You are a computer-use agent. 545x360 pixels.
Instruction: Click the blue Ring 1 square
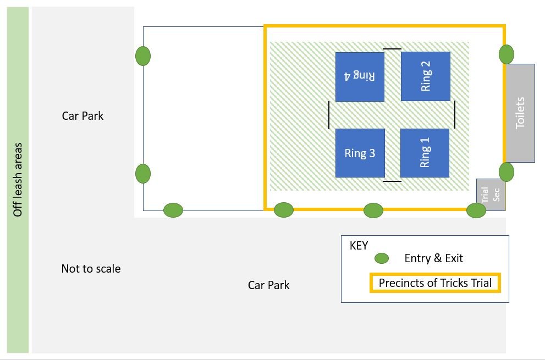(x=425, y=153)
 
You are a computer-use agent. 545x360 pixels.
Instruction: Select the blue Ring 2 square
(x=426, y=76)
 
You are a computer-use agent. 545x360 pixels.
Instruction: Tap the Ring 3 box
(x=360, y=153)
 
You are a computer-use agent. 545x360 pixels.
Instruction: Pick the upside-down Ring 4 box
(x=360, y=77)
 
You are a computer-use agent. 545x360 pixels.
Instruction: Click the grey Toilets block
(x=520, y=113)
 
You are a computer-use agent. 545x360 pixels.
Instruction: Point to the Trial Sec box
(x=491, y=195)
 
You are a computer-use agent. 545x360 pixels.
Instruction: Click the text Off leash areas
(x=18, y=180)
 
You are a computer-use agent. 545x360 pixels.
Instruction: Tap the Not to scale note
(x=91, y=269)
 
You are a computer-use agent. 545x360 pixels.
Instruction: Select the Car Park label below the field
(x=269, y=285)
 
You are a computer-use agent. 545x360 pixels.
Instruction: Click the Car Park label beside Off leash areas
(x=82, y=116)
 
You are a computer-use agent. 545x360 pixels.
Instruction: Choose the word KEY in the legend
(x=359, y=246)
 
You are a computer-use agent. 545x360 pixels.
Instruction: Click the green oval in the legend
(x=382, y=258)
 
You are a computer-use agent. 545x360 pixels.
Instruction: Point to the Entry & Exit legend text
(x=434, y=258)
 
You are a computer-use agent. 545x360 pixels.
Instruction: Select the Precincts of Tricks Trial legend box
(x=435, y=283)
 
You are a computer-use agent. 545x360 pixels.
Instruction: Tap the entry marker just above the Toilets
(x=507, y=54)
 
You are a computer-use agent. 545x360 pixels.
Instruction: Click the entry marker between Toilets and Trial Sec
(x=507, y=171)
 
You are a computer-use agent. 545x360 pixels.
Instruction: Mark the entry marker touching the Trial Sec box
(x=476, y=211)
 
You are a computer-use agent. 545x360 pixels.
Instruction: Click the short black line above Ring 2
(x=392, y=49)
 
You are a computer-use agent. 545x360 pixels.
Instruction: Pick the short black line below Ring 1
(x=392, y=181)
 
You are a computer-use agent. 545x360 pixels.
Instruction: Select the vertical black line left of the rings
(x=329, y=115)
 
